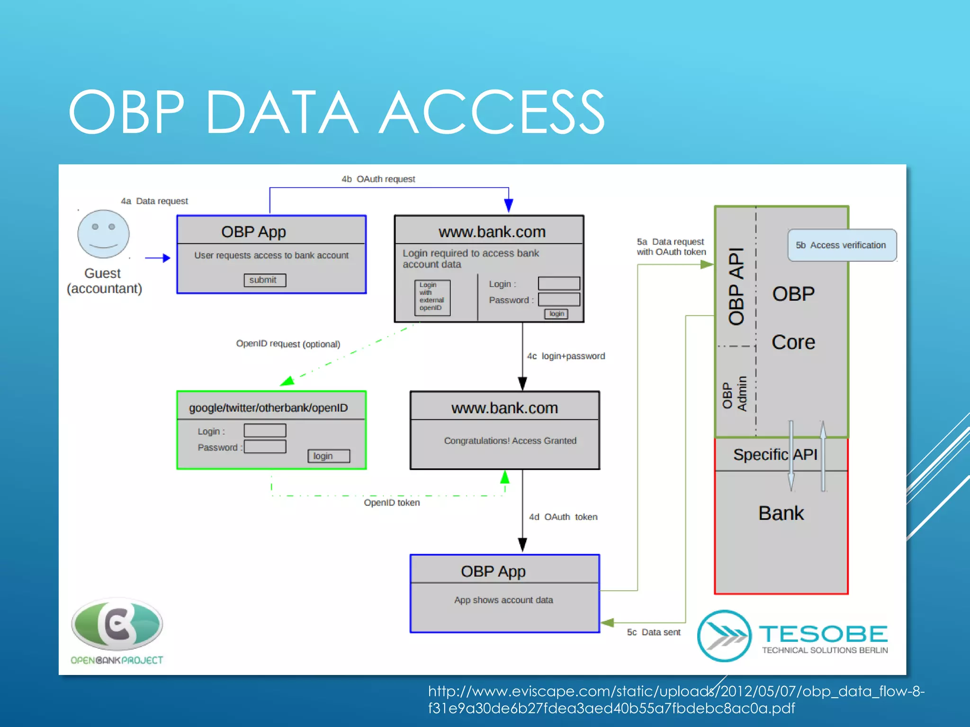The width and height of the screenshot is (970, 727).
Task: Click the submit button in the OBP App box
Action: pyautogui.click(x=265, y=280)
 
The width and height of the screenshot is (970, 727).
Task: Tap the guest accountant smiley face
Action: pyautogui.click(x=103, y=234)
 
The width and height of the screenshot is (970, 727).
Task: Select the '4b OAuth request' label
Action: pyautogui.click(x=378, y=179)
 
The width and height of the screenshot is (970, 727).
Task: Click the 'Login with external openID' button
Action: pyautogui.click(x=432, y=297)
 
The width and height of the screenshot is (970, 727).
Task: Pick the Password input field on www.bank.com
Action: pyautogui.click(x=559, y=299)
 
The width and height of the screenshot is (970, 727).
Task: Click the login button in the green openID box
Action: pyautogui.click(x=328, y=456)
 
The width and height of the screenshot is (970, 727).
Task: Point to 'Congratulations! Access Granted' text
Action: pyautogui.click(x=510, y=441)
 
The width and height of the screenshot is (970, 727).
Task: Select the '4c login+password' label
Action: pyautogui.click(x=566, y=356)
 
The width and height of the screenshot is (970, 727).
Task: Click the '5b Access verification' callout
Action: pyautogui.click(x=842, y=245)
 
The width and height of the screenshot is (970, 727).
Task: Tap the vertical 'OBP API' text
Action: pyautogui.click(x=736, y=286)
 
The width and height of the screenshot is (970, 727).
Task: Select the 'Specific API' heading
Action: pyautogui.click(x=775, y=454)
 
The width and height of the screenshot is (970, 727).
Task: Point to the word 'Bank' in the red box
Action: pyautogui.click(x=781, y=513)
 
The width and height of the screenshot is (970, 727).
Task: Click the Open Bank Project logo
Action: pyautogui.click(x=117, y=625)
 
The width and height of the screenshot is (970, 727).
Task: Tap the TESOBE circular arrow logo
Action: pyautogui.click(x=724, y=636)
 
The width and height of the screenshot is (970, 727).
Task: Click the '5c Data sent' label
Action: pyautogui.click(x=654, y=632)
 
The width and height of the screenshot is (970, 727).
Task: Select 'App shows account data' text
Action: pyautogui.click(x=503, y=600)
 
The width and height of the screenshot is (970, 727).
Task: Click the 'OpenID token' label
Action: pyautogui.click(x=392, y=503)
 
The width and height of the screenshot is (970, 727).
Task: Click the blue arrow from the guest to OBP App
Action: pyautogui.click(x=157, y=258)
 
